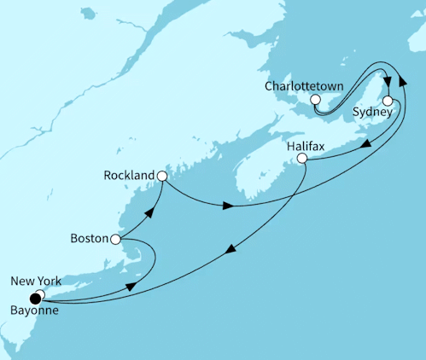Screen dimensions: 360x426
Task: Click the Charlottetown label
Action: pos(304,86)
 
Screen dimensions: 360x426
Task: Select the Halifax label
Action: pos(306,145)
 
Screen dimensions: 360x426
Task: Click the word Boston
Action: pos(88,240)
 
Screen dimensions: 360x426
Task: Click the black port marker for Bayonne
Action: pos(35,298)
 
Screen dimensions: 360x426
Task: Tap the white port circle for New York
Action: pos(40,294)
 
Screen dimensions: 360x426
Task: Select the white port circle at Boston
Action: pos(115,240)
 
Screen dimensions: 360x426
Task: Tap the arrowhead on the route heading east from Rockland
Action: pos(226,206)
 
